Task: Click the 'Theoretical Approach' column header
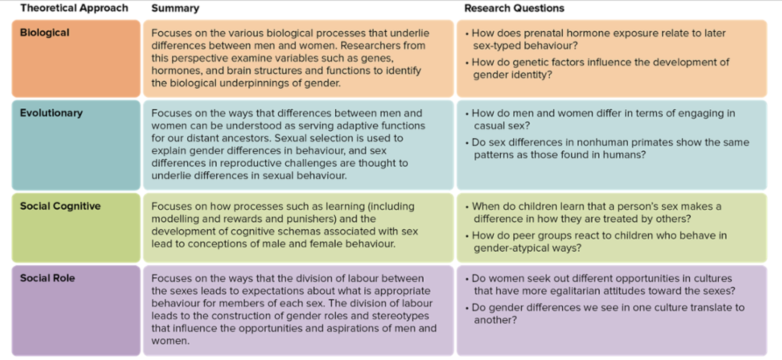[74, 8]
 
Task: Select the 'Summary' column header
[175, 8]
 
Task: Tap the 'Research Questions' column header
[514, 8]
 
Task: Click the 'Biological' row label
[44, 33]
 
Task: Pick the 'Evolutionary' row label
[51, 113]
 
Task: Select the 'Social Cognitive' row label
[60, 206]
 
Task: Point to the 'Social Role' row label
[47, 278]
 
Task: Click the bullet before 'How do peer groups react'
[467, 236]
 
